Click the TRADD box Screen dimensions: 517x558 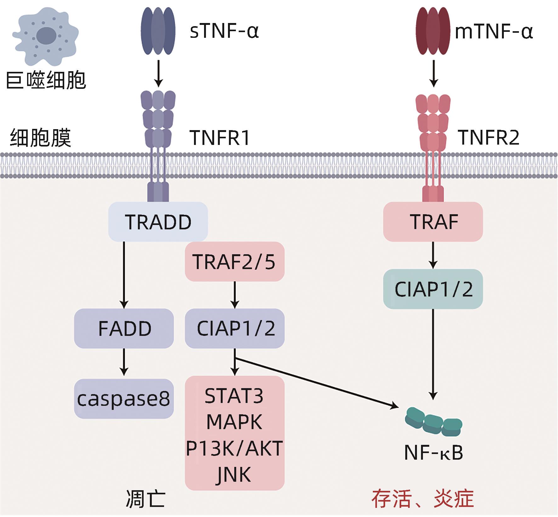click(x=158, y=222)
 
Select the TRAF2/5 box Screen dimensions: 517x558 click(x=235, y=261)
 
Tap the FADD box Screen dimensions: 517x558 click(x=124, y=328)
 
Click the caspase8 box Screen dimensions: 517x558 click(x=124, y=399)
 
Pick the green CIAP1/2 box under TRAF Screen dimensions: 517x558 click(x=433, y=289)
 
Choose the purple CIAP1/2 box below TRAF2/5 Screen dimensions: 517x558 click(x=235, y=328)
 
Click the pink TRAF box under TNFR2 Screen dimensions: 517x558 click(x=433, y=222)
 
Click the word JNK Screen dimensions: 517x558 click(x=234, y=474)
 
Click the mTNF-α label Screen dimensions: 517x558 click(x=494, y=32)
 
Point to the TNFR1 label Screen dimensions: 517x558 click(x=220, y=138)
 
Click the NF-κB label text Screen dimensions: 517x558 click(x=434, y=453)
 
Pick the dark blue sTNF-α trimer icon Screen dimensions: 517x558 click(x=158, y=31)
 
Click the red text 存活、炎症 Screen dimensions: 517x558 click(x=423, y=499)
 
